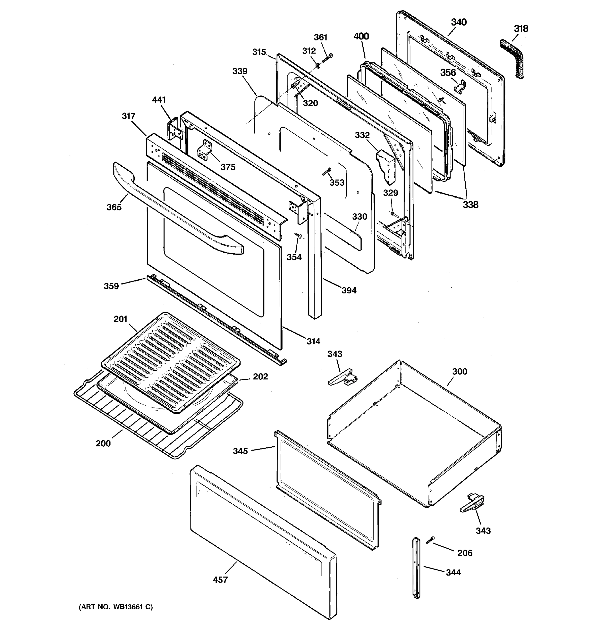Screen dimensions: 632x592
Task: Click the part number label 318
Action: (x=521, y=29)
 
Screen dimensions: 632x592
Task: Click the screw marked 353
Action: (x=327, y=172)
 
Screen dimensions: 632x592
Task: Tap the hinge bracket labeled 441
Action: (x=174, y=129)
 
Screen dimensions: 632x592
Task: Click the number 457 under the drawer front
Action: (x=220, y=580)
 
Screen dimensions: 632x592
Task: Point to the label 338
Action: (x=470, y=205)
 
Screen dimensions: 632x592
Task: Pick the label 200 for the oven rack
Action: (x=103, y=443)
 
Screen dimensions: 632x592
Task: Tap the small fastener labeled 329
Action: (x=392, y=213)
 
